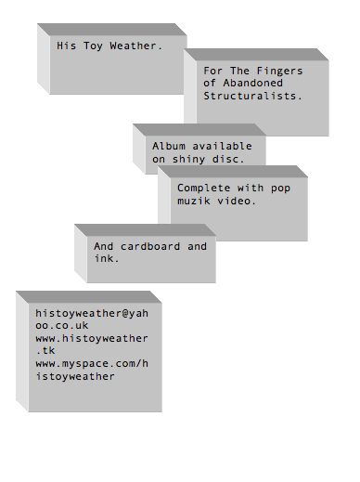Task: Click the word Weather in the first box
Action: (x=136, y=46)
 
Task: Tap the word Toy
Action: (x=93, y=46)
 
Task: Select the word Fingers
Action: (x=279, y=72)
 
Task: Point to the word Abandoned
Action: (x=252, y=83)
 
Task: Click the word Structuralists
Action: (x=252, y=96)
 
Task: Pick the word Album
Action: (x=169, y=146)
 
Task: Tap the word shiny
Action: (x=188, y=160)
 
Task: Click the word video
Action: (x=237, y=201)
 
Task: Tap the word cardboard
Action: (x=150, y=246)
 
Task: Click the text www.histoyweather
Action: (x=92, y=338)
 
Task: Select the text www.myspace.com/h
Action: (x=92, y=363)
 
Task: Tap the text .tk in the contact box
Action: (x=45, y=350)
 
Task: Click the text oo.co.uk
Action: (x=62, y=325)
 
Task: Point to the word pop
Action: (x=280, y=189)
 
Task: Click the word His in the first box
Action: (x=66, y=46)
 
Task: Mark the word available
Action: (x=222, y=146)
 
